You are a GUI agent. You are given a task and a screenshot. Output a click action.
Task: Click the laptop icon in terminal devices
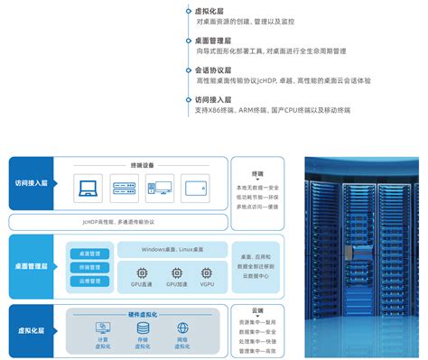(x=88, y=189)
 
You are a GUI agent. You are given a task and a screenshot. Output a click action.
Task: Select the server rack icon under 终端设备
(x=124, y=189)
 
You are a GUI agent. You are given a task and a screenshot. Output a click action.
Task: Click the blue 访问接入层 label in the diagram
(x=32, y=182)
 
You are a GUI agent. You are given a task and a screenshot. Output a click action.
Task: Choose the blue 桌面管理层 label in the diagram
(x=32, y=266)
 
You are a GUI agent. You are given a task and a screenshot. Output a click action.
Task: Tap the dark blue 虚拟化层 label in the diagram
(x=32, y=331)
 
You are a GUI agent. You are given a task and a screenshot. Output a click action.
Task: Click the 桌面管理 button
(x=88, y=254)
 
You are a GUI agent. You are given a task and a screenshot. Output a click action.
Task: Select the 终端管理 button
(x=88, y=267)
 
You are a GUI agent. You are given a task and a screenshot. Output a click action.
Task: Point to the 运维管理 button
(x=88, y=281)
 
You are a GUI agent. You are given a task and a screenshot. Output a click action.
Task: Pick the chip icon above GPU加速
(x=175, y=272)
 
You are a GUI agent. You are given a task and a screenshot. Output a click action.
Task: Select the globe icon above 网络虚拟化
(x=182, y=329)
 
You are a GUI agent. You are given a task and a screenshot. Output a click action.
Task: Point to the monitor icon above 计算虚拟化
(x=103, y=329)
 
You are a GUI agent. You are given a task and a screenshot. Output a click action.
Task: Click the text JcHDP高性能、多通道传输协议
(x=117, y=220)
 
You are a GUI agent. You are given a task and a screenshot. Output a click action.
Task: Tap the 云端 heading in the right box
(x=257, y=309)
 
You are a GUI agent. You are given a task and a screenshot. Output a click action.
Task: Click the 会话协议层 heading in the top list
(x=212, y=69)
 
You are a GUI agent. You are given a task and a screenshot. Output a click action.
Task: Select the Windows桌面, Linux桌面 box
(x=173, y=249)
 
